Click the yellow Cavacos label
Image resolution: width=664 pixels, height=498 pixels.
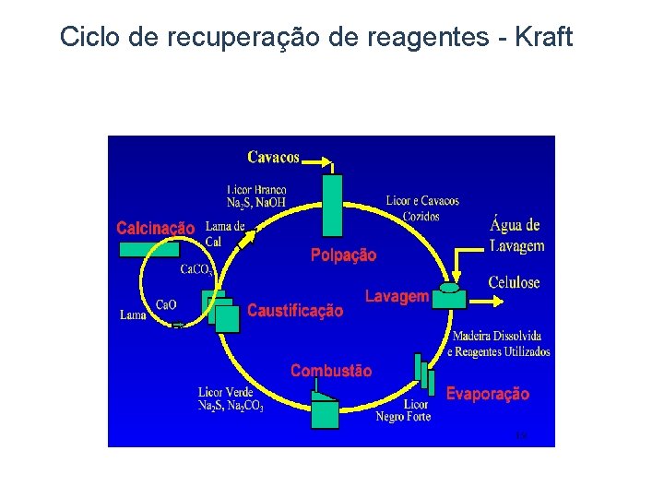273,157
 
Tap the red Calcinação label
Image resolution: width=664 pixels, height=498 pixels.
155,228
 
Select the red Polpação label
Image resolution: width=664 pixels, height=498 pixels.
343,255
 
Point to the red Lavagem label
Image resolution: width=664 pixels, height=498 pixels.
397,296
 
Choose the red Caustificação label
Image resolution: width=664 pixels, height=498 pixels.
295,311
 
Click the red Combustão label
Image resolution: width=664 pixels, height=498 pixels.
331,371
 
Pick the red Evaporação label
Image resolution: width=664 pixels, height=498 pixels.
488,394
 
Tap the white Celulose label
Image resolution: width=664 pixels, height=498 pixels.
514,283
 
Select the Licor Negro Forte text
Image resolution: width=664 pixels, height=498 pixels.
403,410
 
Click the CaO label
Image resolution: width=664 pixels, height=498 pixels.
166,304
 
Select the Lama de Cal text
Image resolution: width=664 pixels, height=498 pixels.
224,233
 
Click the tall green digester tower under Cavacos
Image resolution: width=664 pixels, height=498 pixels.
332,206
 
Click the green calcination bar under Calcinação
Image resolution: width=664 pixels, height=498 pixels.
148,248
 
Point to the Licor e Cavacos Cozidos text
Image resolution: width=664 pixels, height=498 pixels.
421,208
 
